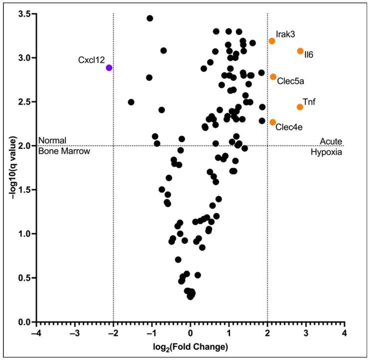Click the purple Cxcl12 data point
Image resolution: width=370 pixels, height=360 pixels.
tap(109, 67)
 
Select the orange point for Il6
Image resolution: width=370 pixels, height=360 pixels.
tap(300, 51)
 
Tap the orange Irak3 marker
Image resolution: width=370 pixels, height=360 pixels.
tap(272, 41)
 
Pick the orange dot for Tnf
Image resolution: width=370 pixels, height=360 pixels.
tap(300, 107)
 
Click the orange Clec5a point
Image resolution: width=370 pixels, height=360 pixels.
tap(273, 77)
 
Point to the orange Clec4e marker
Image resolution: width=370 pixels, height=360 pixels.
tap(273, 122)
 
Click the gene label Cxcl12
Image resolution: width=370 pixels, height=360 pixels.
tap(91, 60)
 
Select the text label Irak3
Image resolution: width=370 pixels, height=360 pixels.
tap(285, 34)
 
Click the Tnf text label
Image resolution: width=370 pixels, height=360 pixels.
tap(309, 101)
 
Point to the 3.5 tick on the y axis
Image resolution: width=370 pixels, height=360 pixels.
tap(24, 14)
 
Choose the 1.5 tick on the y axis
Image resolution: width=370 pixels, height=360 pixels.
tap(24, 190)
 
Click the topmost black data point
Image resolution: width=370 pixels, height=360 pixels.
tap(150, 18)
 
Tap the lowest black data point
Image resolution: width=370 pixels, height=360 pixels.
tap(190, 297)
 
